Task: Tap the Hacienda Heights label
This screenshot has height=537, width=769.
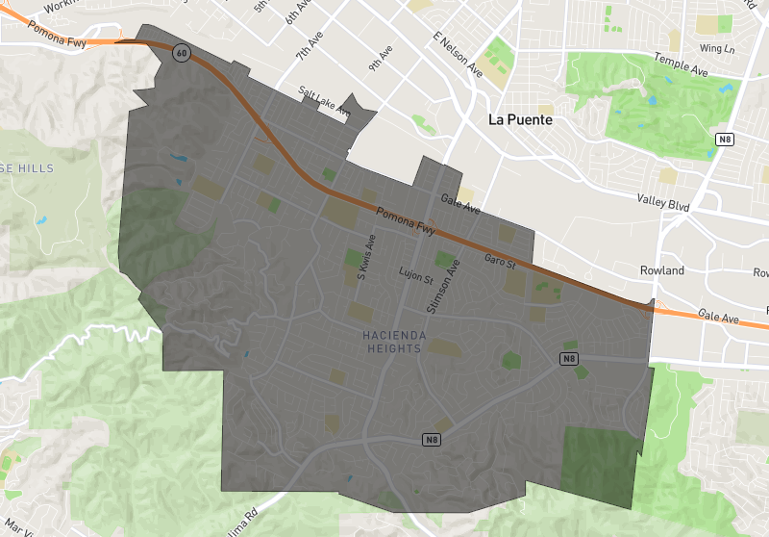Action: pos(392,341)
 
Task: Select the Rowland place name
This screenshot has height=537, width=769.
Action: pos(662,270)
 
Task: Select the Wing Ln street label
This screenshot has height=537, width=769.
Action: pos(717,48)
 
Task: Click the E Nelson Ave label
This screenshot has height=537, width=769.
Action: pos(458,53)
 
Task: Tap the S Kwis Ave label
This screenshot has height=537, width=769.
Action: pos(363,258)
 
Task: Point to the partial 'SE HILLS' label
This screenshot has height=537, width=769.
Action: pos(27,168)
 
